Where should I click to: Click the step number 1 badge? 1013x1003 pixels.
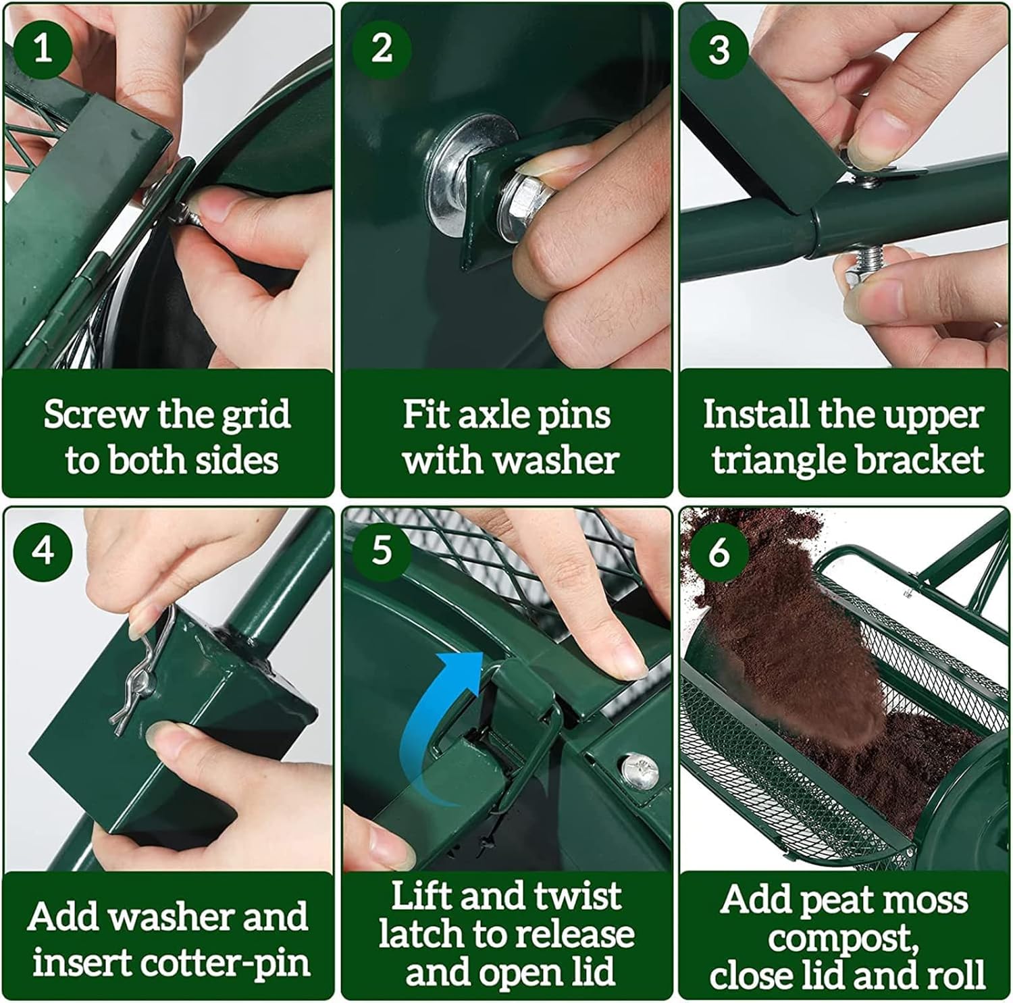click(x=43, y=49)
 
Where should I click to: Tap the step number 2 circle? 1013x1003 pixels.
click(x=382, y=49)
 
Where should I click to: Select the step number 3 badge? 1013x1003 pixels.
click(x=719, y=49)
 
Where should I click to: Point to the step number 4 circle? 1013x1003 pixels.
click(x=43, y=550)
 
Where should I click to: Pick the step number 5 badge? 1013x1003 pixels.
click(x=382, y=550)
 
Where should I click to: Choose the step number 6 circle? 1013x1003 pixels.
click(x=719, y=550)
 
